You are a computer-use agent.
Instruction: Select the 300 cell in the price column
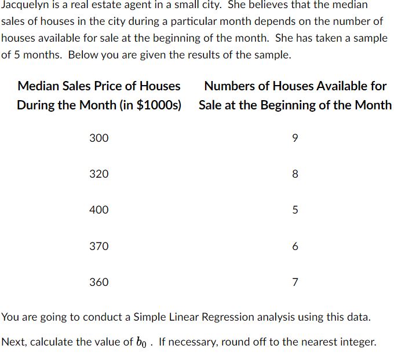[99, 138]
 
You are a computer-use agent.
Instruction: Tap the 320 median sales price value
[99, 174]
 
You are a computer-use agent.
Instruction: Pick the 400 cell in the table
[99, 210]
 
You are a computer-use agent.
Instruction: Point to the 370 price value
[99, 246]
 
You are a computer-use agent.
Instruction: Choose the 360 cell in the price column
[99, 282]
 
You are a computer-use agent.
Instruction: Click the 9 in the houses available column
[295, 138]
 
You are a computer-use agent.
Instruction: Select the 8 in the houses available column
[295, 174]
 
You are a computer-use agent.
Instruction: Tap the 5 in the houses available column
[295, 210]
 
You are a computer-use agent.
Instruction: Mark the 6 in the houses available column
[295, 246]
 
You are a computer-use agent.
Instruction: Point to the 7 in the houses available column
[295, 282]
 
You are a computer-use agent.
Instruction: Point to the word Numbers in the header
[229, 86]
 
